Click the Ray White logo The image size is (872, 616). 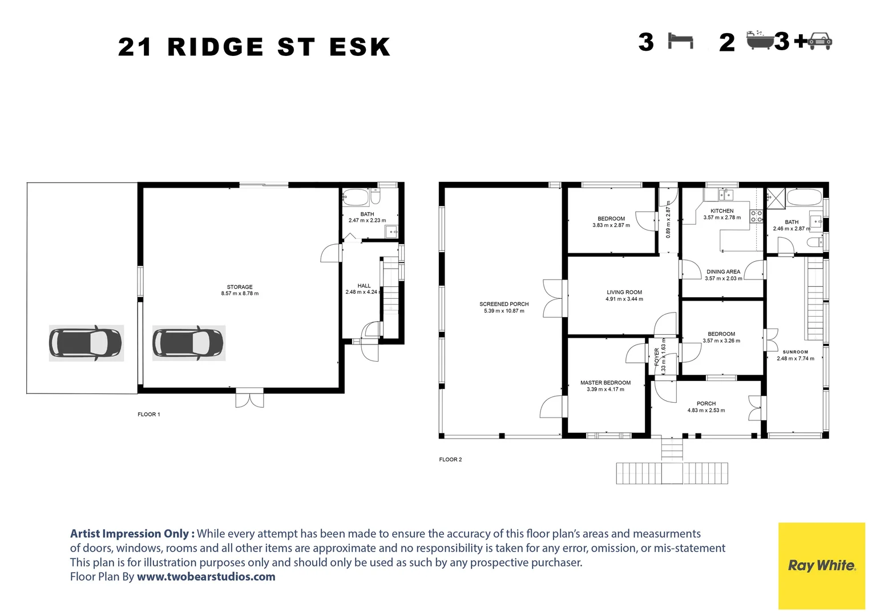822,566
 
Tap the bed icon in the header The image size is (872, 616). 680,42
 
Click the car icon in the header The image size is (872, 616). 820,41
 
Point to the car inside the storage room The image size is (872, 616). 188,343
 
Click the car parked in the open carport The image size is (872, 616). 86,343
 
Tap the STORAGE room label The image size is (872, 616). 240,287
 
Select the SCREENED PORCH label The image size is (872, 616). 504,304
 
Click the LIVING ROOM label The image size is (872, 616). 624,292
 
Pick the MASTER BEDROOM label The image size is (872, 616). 605,383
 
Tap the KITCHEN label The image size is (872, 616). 722,211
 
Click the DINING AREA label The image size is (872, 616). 723,271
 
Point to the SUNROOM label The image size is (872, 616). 795,352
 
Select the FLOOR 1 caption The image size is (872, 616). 149,415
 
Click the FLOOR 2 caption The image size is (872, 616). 450,460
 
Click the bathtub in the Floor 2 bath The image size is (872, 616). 804,198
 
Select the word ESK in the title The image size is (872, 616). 360,47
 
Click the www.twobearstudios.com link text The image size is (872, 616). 206,577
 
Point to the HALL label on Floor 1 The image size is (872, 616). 364,286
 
